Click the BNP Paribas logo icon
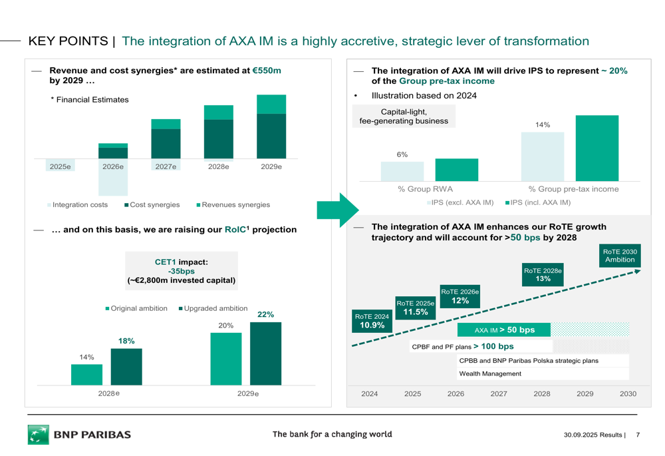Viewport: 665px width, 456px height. pyautogui.click(x=39, y=435)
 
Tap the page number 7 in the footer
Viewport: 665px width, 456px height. pyautogui.click(x=638, y=435)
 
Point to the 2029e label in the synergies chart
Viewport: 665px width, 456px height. pyautogui.click(x=271, y=166)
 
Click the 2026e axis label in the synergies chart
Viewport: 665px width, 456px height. pyautogui.click(x=113, y=166)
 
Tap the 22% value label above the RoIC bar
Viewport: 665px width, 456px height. pyautogui.click(x=265, y=314)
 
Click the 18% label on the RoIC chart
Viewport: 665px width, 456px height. pyautogui.click(x=126, y=341)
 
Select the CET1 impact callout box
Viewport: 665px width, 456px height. pyautogui.click(x=181, y=272)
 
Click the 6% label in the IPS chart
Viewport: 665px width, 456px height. pyautogui.click(x=402, y=154)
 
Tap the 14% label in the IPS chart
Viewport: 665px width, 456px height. pyautogui.click(x=542, y=124)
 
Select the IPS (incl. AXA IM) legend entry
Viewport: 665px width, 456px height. pyautogui.click(x=537, y=202)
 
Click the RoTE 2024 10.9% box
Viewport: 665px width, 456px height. pyautogui.click(x=372, y=322)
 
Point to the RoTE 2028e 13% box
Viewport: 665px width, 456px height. pyautogui.click(x=543, y=275)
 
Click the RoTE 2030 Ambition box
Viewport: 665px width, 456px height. pyautogui.click(x=620, y=256)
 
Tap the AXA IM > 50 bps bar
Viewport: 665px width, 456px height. pyautogui.click(x=504, y=330)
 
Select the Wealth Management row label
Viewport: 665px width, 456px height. pyautogui.click(x=490, y=373)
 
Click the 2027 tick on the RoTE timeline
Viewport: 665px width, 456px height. pyautogui.click(x=499, y=393)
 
